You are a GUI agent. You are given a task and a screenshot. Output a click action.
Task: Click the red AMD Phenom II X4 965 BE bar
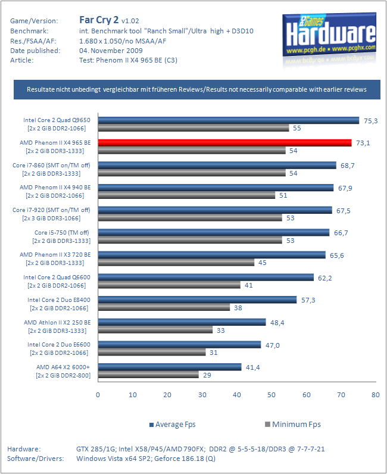tap(225, 143)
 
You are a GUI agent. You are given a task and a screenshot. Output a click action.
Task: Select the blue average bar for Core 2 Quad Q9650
tap(229, 120)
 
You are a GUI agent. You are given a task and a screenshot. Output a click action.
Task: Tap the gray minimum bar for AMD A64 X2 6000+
tap(148, 375)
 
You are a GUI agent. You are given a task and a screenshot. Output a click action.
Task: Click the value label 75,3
tap(371, 121)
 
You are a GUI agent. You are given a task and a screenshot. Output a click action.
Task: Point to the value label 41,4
tap(253, 367)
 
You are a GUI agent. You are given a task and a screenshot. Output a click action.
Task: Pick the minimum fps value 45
tap(263, 263)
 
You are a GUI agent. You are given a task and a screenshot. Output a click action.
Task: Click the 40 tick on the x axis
tap(237, 395)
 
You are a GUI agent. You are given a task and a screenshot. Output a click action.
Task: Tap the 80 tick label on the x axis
tap(376, 395)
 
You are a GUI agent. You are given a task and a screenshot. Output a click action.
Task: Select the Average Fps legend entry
tap(173, 425)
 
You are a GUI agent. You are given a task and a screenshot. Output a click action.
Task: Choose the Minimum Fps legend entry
tap(293, 425)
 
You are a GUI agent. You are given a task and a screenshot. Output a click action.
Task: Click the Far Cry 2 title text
tap(99, 20)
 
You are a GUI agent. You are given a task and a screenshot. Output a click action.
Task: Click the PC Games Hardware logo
tap(330, 35)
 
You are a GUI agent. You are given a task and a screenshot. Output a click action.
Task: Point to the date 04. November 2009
tap(111, 51)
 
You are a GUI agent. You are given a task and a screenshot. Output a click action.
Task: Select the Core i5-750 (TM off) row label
tap(62, 232)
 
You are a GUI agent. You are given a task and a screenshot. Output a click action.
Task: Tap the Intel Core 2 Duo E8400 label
tap(59, 300)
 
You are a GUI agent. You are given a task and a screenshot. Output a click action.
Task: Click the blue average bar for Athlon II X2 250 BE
tap(182, 322)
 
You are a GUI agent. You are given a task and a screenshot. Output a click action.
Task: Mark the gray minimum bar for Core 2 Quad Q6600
tap(169, 285)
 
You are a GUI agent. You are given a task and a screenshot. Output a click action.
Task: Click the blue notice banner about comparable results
tap(197, 89)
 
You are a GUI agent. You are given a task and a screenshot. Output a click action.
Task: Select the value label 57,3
tap(308, 300)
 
